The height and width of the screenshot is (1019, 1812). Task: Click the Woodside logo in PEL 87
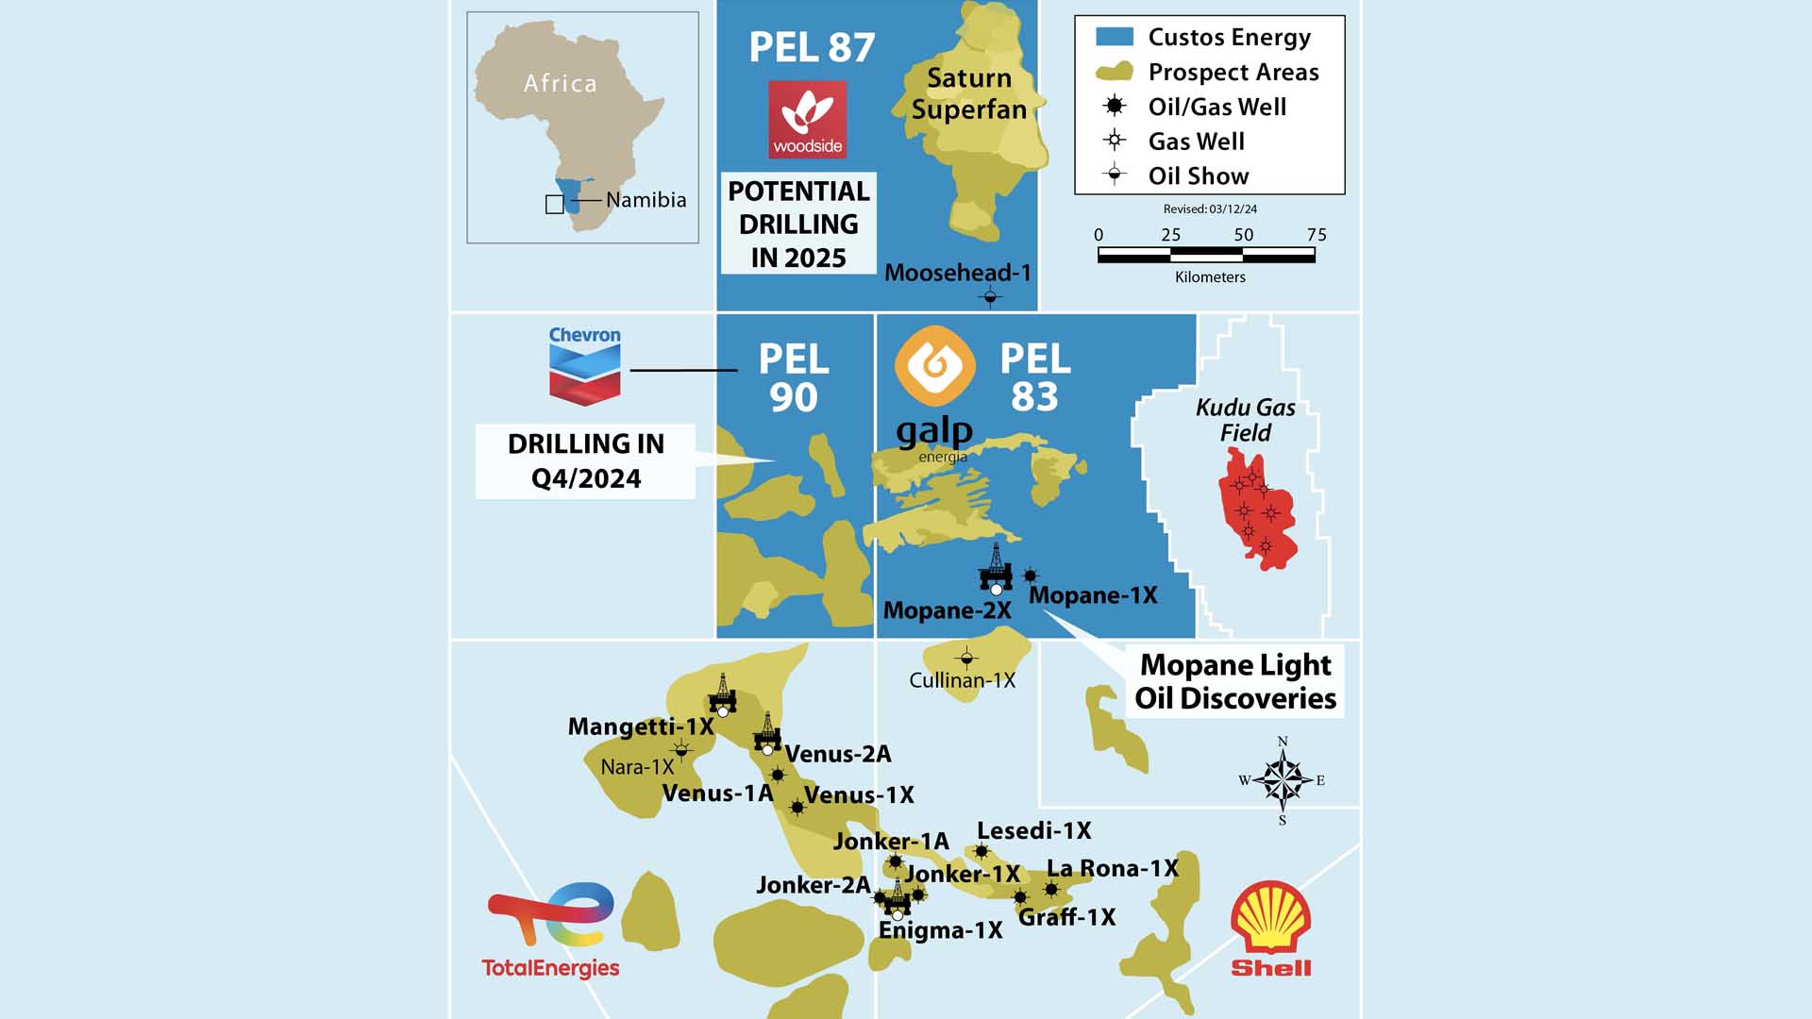pyautogui.click(x=807, y=119)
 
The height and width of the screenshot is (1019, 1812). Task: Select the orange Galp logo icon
pyautogui.click(x=934, y=365)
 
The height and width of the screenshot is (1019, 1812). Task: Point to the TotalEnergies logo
pyautogui.click(x=551, y=929)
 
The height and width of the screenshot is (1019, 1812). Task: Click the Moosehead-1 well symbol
pyautogui.click(x=990, y=298)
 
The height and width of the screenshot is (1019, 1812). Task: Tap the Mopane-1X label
pyautogui.click(x=1093, y=595)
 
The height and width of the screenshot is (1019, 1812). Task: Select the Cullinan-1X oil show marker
pyautogui.click(x=966, y=658)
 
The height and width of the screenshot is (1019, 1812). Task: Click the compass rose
pyautogui.click(x=1282, y=780)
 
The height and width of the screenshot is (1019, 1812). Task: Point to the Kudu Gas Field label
pyautogui.click(x=1246, y=420)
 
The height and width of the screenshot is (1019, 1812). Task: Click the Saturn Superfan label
pyautogui.click(x=969, y=93)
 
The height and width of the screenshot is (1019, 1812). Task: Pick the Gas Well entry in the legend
pyautogui.click(x=1196, y=142)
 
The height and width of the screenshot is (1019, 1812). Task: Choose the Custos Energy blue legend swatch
pyautogui.click(x=1114, y=38)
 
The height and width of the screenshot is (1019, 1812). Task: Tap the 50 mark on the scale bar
pyautogui.click(x=1243, y=236)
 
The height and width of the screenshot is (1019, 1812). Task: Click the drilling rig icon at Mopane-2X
pyautogui.click(x=996, y=568)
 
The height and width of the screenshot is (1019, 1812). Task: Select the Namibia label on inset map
pyautogui.click(x=646, y=200)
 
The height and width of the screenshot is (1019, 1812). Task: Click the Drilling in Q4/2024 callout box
pyautogui.click(x=585, y=460)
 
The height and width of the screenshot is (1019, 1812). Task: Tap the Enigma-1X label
pyautogui.click(x=940, y=930)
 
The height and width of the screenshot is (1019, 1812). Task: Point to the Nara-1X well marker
pyautogui.click(x=681, y=750)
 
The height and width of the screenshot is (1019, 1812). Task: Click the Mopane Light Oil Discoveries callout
pyautogui.click(x=1234, y=681)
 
